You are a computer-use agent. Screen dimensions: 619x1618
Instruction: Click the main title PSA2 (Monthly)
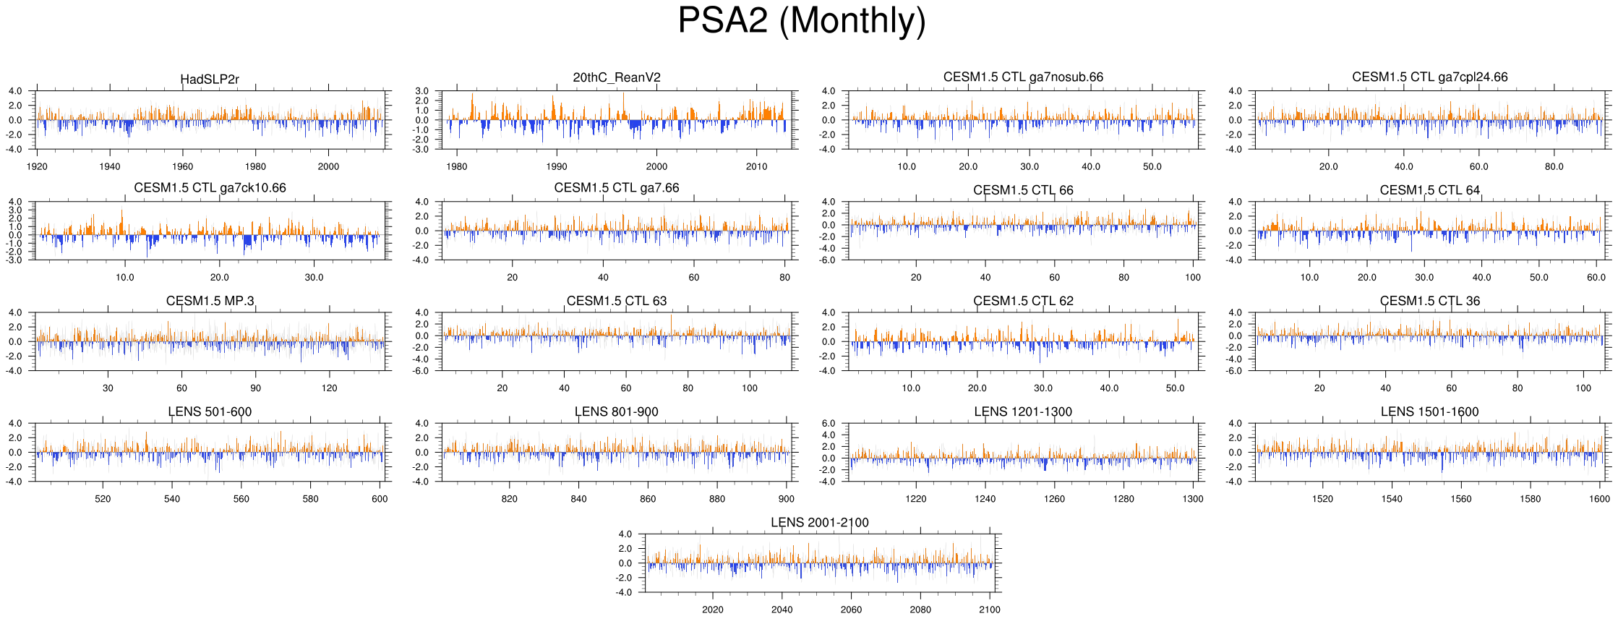(802, 21)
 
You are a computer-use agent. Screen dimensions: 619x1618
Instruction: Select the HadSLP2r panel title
(210, 80)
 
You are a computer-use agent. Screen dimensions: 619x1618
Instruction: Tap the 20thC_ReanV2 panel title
(617, 77)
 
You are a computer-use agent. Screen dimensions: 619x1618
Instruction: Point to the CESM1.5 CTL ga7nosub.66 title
(1023, 77)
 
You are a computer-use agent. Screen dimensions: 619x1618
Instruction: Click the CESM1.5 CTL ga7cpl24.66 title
(1429, 77)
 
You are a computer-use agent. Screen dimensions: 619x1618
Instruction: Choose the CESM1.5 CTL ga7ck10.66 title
(210, 188)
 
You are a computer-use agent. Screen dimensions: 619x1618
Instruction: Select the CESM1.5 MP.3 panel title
(210, 301)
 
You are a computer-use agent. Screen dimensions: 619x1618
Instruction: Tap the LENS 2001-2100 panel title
(819, 522)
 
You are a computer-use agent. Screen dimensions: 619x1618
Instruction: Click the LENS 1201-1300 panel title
(1023, 411)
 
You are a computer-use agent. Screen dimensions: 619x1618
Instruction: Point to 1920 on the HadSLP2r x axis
(37, 166)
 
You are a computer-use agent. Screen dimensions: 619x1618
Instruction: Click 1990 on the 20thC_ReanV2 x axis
(557, 166)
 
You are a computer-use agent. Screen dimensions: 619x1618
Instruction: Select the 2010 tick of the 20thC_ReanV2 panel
(756, 166)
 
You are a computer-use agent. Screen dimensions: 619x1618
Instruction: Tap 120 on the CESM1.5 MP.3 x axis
(329, 388)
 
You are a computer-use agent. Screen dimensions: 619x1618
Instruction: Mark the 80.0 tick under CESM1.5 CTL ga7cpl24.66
(1554, 166)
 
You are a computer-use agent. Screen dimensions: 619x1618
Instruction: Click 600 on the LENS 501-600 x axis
(380, 498)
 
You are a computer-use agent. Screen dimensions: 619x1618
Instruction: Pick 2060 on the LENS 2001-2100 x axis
(851, 610)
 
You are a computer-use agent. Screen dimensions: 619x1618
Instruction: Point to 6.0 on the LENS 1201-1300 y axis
(829, 424)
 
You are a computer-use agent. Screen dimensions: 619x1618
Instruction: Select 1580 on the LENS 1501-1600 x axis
(1530, 498)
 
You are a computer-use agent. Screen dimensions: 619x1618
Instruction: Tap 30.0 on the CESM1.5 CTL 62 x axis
(1043, 388)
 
